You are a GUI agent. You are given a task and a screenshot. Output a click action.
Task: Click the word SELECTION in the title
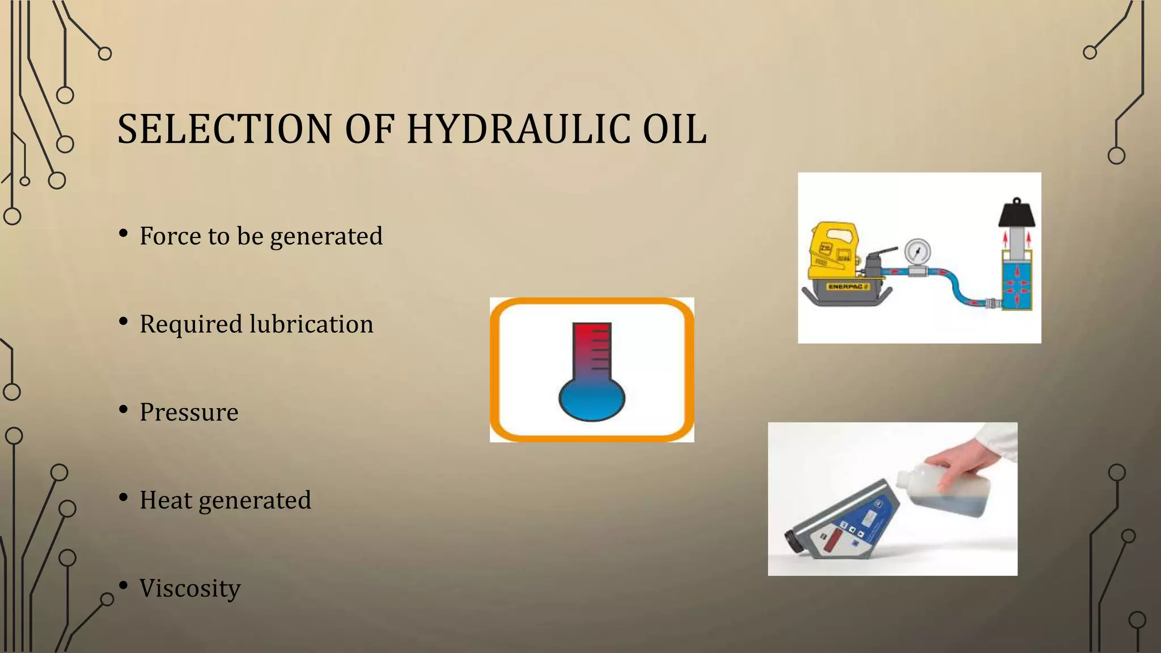[224, 129]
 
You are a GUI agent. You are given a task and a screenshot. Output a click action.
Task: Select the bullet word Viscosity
[190, 588]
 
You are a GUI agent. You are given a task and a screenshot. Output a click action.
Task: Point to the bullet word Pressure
[189, 412]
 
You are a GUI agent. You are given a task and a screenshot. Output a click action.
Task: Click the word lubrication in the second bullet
[311, 324]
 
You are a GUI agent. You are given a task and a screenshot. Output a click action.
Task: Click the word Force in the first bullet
[170, 236]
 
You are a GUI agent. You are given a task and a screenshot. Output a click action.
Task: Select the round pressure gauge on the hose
[917, 251]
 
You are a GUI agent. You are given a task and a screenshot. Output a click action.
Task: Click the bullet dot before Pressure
[123, 410]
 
